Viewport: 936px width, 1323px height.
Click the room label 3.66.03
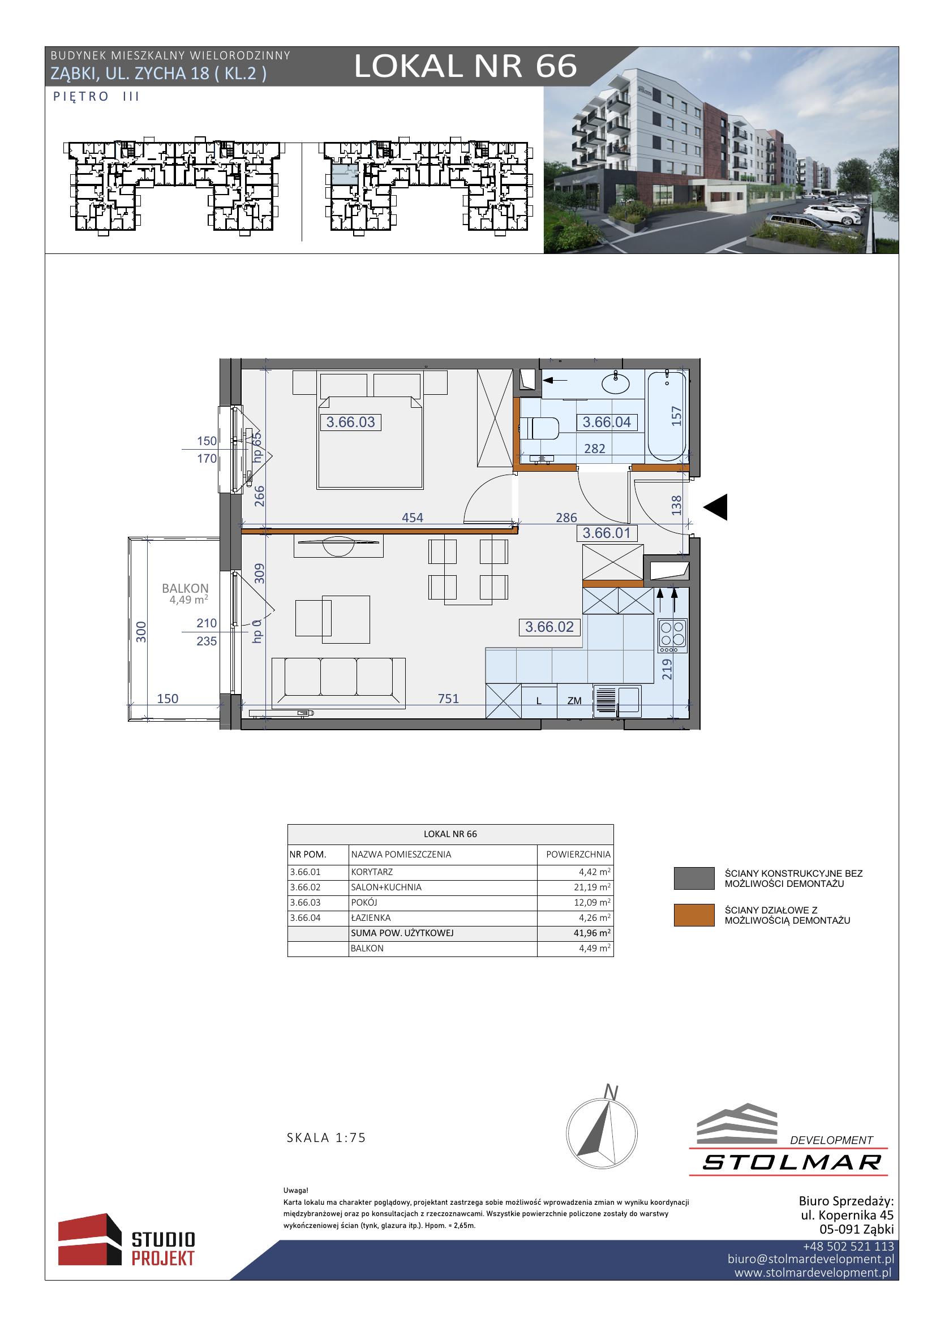[x=350, y=422]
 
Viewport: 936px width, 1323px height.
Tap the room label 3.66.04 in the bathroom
[x=607, y=422]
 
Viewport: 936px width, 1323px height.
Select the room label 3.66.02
[x=549, y=626]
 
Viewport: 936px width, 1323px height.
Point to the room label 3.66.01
[x=607, y=532]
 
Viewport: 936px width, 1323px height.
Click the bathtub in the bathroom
[x=667, y=415]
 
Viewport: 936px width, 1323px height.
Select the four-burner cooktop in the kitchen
[x=673, y=636]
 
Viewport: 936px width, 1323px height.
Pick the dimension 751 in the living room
[x=448, y=699]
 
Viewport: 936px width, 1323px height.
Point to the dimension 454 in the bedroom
[x=412, y=518]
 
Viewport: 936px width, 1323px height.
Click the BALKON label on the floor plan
[x=185, y=588]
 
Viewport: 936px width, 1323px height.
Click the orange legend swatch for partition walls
[x=694, y=915]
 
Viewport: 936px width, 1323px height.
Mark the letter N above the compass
[x=611, y=1092]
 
